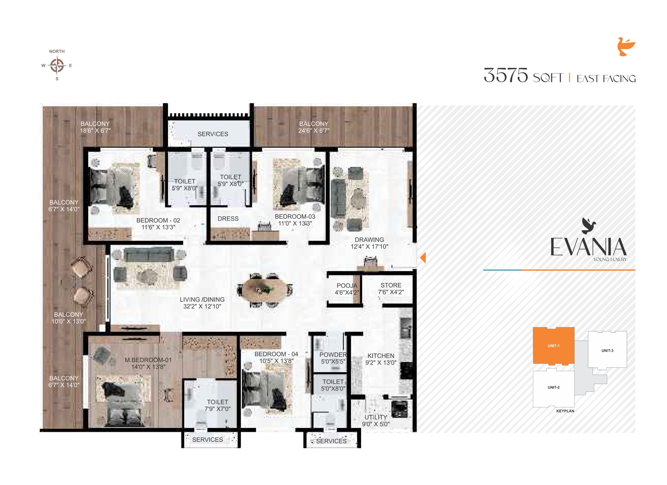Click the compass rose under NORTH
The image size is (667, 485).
57,65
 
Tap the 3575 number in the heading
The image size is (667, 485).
506,75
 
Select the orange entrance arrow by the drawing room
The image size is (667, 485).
423,258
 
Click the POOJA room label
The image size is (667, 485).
347,286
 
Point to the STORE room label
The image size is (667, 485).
391,285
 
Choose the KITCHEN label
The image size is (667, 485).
381,356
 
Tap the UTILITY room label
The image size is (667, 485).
376,417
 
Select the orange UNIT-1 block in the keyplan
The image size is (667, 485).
553,346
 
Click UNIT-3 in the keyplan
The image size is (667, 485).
607,350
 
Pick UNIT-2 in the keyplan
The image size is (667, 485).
553,387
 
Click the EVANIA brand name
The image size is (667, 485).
588,247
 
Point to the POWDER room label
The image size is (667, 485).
333,355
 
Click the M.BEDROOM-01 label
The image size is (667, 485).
148,360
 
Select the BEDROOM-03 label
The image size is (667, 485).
295,217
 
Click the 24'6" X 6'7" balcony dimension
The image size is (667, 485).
314,131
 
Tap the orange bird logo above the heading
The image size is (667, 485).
626,46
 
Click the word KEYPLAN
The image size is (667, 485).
565,411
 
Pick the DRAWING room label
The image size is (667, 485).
369,240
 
